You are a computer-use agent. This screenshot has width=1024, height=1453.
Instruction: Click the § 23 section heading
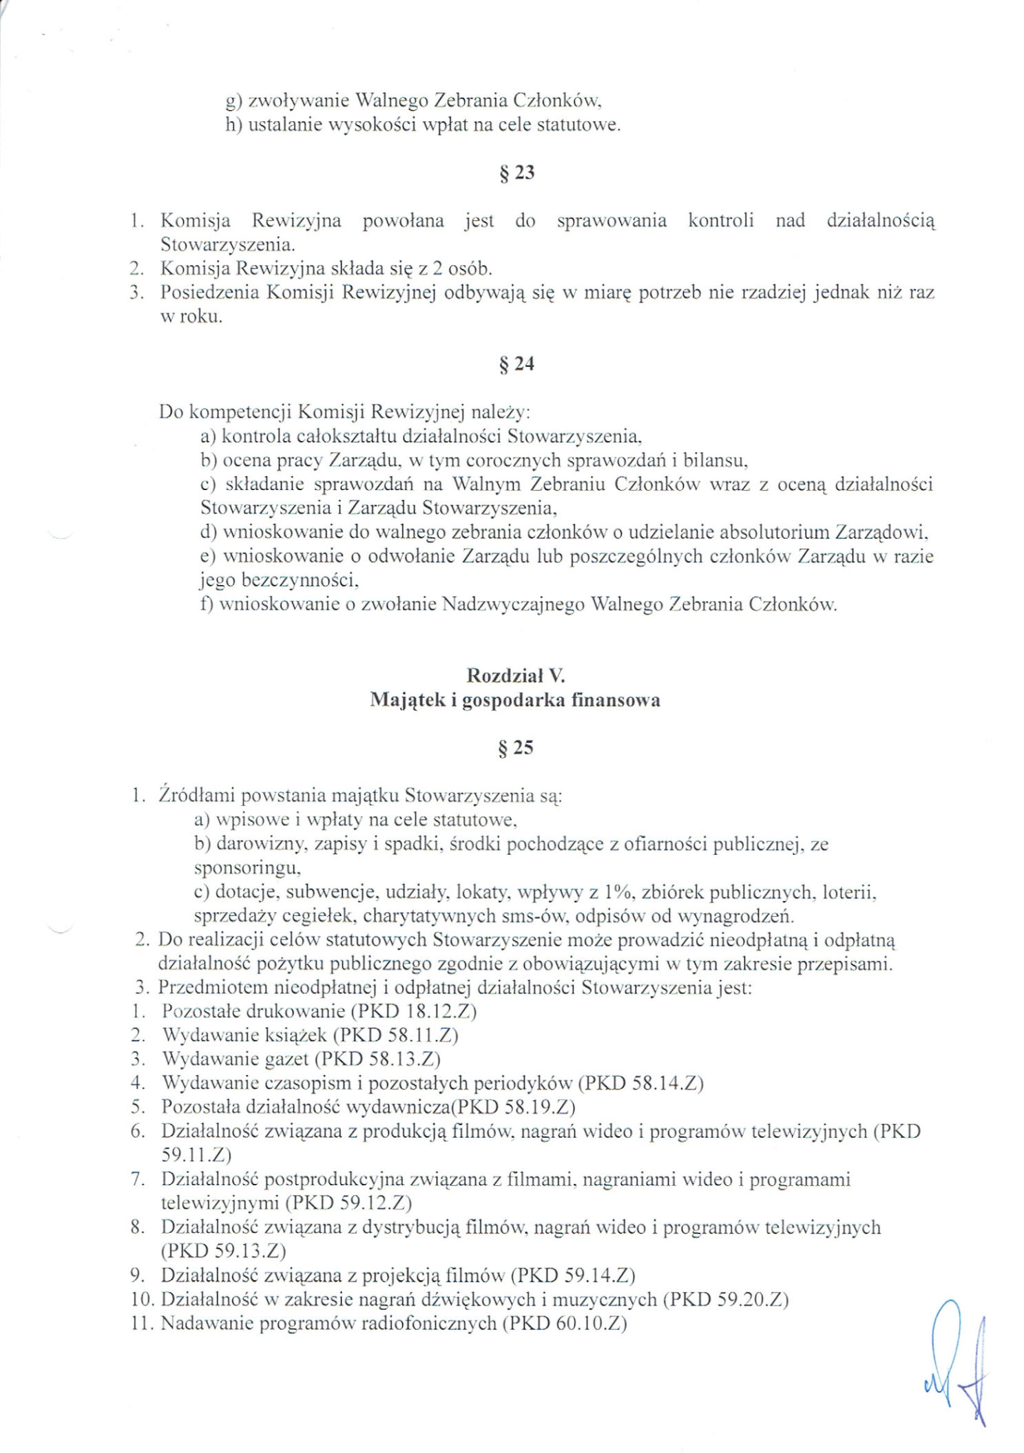[516, 173]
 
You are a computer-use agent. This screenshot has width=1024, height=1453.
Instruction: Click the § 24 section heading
[516, 363]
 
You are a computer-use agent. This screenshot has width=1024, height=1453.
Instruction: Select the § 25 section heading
[516, 747]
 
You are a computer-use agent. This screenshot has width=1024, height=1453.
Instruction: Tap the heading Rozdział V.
[516, 675]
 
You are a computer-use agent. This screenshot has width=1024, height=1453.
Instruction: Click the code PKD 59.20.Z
[725, 1300]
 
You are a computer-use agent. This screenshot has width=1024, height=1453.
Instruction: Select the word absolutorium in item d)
[774, 532]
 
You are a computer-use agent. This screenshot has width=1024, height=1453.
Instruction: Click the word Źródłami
[194, 795]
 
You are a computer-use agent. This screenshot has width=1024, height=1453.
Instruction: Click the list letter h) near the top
[233, 125]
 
